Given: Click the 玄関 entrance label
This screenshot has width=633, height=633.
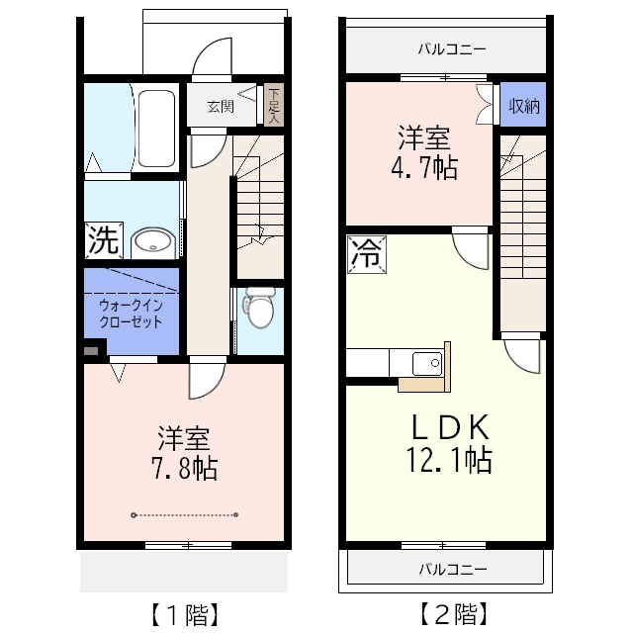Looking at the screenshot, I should coord(221,107).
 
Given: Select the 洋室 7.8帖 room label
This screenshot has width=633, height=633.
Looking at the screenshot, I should coord(185,452).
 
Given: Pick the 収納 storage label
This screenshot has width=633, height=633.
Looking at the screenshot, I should coord(523,106).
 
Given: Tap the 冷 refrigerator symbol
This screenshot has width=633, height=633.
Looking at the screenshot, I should coord(364,253).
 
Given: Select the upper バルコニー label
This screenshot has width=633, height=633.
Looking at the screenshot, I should coord(451,47).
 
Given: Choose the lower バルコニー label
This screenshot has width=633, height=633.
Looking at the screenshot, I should coord(451,570).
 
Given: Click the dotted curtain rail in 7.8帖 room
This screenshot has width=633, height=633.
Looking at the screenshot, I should coord(185,514).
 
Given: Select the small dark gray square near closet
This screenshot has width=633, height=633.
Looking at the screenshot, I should coord(92,348).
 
